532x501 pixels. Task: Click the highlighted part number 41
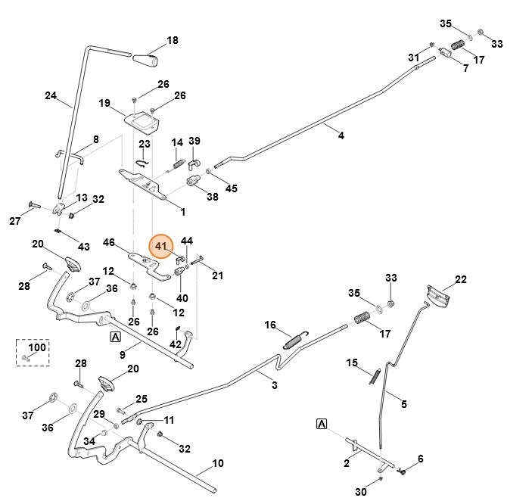(160, 246)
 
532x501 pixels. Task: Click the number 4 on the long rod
(341, 135)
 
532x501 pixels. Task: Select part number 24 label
(51, 96)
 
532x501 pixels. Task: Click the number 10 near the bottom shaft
(218, 463)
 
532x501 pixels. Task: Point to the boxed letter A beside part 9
(115, 337)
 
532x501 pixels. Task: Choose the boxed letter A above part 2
(322, 424)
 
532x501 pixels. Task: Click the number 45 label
(231, 188)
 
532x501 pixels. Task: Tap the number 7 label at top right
(465, 68)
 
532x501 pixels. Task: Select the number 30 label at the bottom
(360, 493)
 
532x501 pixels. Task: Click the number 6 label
(421, 459)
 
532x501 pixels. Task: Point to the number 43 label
(83, 247)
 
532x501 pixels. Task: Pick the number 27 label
(15, 221)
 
